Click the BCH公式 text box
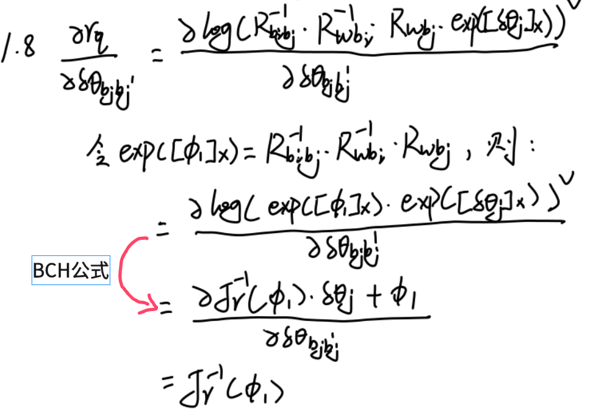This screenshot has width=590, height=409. coord(71,271)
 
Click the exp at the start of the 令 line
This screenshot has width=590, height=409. coord(139,154)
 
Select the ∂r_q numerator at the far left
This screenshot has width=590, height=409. coord(87,44)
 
